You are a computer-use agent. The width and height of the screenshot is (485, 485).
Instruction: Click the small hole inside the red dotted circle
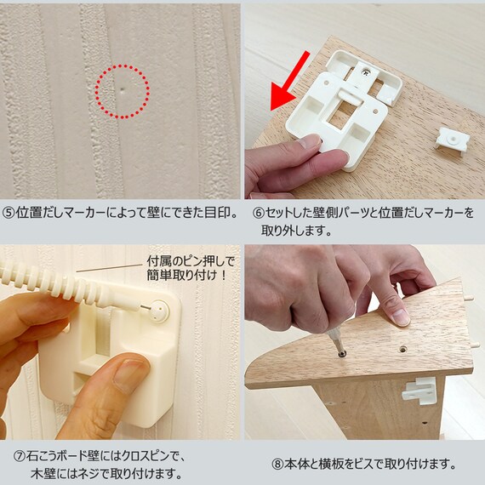(x=123, y=90)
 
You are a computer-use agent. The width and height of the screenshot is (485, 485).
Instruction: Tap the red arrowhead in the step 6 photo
(x=282, y=98)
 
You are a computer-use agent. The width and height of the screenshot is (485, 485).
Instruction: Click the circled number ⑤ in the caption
(x=9, y=213)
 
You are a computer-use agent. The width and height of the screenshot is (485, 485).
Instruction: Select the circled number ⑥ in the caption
(x=259, y=213)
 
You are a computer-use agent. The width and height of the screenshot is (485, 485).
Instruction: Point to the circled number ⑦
(x=20, y=457)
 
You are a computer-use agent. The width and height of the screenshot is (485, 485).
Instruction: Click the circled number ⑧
(x=277, y=464)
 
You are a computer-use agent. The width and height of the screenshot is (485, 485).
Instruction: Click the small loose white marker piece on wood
(x=452, y=141)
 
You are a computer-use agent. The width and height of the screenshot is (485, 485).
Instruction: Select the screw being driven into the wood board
(x=341, y=353)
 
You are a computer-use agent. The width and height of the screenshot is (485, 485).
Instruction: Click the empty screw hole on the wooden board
(x=402, y=349)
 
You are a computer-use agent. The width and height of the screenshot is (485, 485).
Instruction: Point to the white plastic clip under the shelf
(x=419, y=391)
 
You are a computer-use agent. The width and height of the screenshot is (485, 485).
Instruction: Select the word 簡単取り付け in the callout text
(x=180, y=275)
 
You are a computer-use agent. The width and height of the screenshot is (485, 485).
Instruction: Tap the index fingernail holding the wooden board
(x=401, y=318)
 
